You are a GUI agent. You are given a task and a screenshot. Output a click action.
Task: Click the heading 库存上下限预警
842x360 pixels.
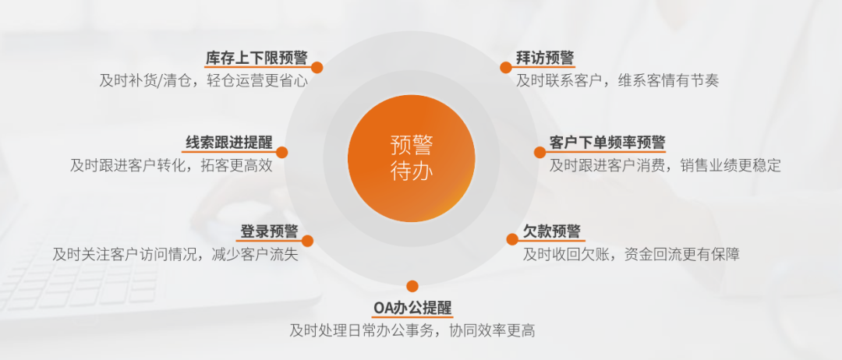[256, 58]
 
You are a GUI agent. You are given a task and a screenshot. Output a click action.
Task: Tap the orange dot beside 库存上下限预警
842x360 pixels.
[317, 67]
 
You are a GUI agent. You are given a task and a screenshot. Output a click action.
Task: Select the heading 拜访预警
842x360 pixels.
[545, 58]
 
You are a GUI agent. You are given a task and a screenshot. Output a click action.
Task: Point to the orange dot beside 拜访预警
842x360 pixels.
[506, 67]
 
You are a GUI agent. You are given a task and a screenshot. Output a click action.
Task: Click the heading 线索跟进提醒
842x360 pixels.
[229, 143]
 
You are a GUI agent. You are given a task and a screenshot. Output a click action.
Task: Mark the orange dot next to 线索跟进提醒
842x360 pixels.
[282, 153]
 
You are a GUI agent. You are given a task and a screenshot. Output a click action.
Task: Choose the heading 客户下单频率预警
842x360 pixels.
[607, 143]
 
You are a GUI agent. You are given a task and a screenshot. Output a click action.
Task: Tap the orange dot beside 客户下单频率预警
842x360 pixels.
[540, 153]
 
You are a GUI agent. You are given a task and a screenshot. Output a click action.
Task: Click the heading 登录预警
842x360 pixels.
[269, 231]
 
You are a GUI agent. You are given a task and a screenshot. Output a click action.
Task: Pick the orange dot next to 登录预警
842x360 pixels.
[307, 241]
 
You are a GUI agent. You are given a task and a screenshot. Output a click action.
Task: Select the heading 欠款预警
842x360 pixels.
[552, 231]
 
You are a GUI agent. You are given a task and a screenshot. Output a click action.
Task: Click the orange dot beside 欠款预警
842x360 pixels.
[512, 239]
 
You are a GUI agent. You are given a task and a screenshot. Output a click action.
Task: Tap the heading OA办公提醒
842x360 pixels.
[412, 308]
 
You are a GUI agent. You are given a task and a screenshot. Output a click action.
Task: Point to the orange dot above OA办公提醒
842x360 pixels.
[412, 286]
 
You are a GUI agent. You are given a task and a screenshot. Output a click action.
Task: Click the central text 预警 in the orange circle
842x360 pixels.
[412, 146]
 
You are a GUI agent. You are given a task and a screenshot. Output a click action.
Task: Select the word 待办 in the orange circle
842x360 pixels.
[412, 171]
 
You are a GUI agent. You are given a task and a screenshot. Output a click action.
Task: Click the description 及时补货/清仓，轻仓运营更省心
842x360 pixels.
[203, 81]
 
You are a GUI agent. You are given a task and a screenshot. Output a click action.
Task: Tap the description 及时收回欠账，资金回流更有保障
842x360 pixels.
[631, 254]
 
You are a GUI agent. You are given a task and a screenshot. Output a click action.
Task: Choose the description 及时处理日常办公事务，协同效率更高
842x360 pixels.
[412, 330]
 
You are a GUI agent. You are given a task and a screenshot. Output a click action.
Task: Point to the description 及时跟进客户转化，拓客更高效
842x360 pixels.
[172, 165]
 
